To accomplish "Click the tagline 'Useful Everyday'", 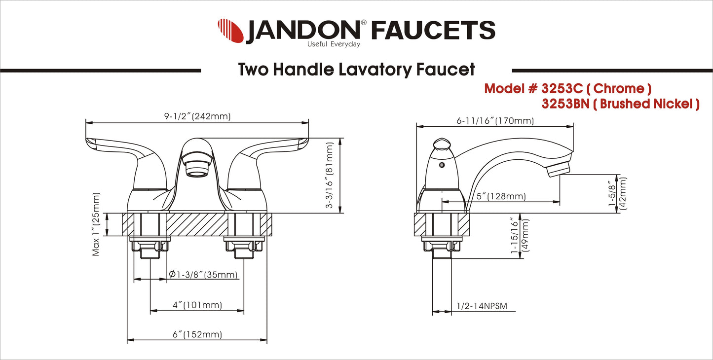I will [x=334, y=44].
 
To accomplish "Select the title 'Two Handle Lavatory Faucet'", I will [x=356, y=70].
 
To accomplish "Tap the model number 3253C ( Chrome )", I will [x=568, y=89].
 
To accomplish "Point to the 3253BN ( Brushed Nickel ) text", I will [x=620, y=104].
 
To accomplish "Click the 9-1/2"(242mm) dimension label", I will [x=197, y=116].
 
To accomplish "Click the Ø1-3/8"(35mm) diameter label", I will [x=203, y=275].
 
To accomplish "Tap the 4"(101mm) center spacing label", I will [x=197, y=305].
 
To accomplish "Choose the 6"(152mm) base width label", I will [x=197, y=334].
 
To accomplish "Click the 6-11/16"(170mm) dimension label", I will [x=495, y=121].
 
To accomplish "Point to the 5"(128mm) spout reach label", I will [x=501, y=196].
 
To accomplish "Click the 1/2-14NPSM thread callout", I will [x=486, y=306].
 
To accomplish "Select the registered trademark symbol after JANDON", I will [x=364, y=23].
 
